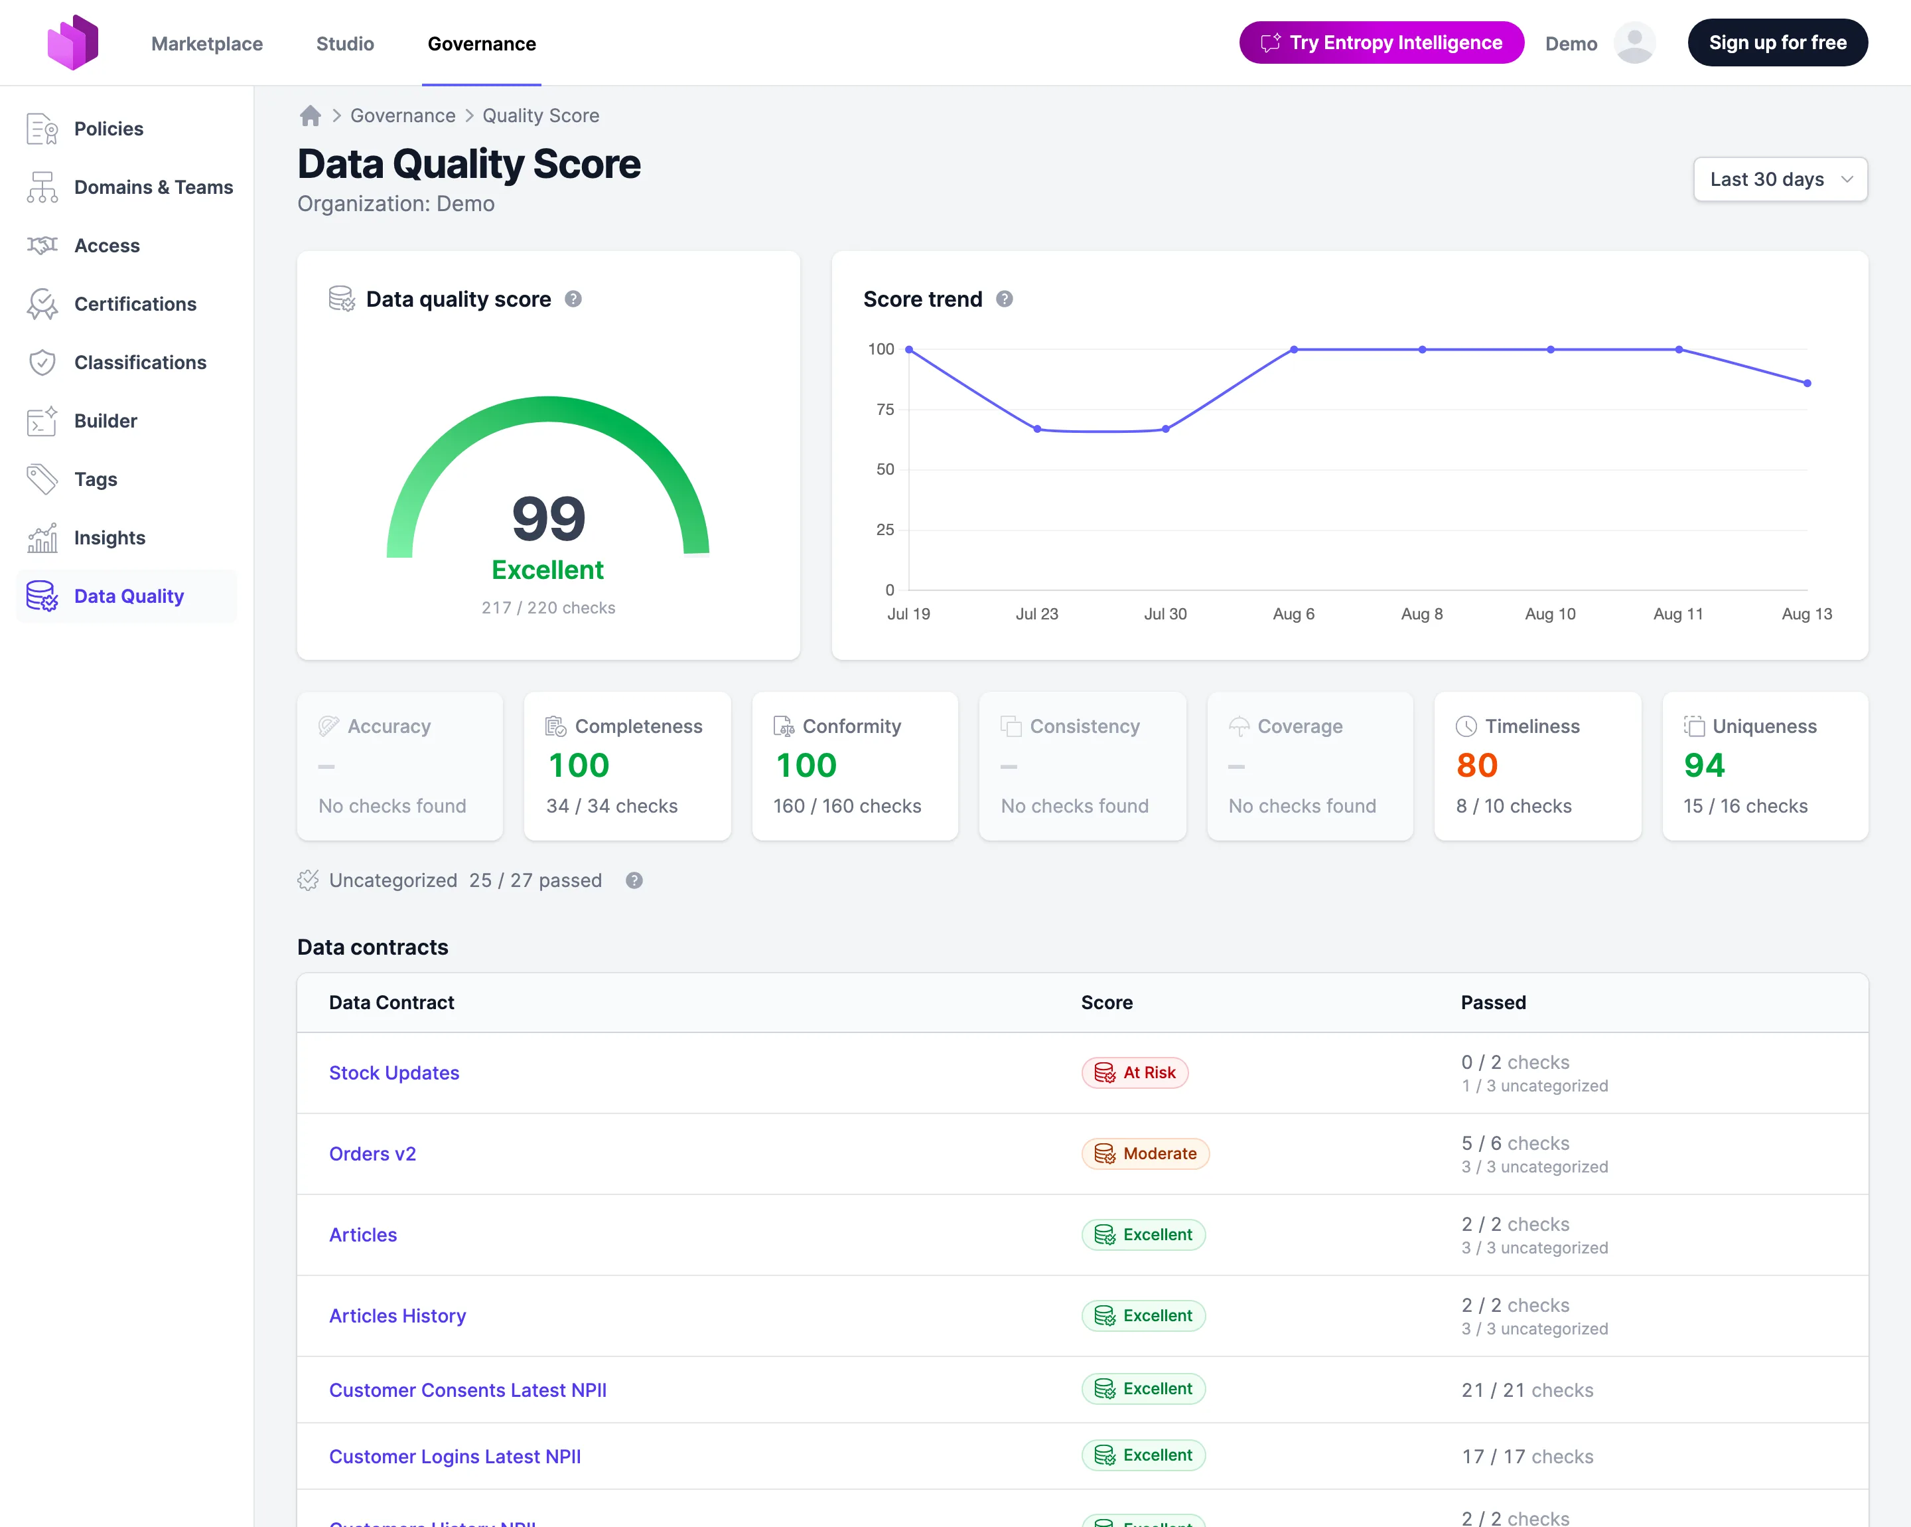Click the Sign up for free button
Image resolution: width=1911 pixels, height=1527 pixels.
[x=1777, y=42]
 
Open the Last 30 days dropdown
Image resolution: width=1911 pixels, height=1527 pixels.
[x=1780, y=179]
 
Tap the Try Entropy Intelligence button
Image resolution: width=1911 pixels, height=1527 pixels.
[x=1381, y=42]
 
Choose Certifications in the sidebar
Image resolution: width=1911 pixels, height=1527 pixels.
[x=135, y=304]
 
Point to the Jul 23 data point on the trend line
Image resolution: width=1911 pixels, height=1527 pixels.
[x=1037, y=429]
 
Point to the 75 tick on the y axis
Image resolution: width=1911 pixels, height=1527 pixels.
[x=885, y=409]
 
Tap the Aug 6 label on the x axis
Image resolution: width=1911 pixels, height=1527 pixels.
[x=1293, y=613]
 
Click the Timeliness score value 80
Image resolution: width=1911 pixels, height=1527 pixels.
[x=1476, y=765]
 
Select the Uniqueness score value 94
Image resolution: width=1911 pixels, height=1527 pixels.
[x=1703, y=765]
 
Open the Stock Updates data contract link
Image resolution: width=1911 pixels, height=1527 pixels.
[x=394, y=1073]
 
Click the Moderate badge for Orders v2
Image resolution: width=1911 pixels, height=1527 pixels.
[x=1145, y=1154]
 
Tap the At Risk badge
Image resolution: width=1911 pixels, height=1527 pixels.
[x=1135, y=1073]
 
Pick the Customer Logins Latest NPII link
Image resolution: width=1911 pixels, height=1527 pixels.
[x=455, y=1457]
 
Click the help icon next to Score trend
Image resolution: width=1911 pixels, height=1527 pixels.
[x=1004, y=299]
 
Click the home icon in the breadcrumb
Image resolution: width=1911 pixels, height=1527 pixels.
[x=311, y=116]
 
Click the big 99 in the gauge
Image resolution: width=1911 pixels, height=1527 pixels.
[x=549, y=519]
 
